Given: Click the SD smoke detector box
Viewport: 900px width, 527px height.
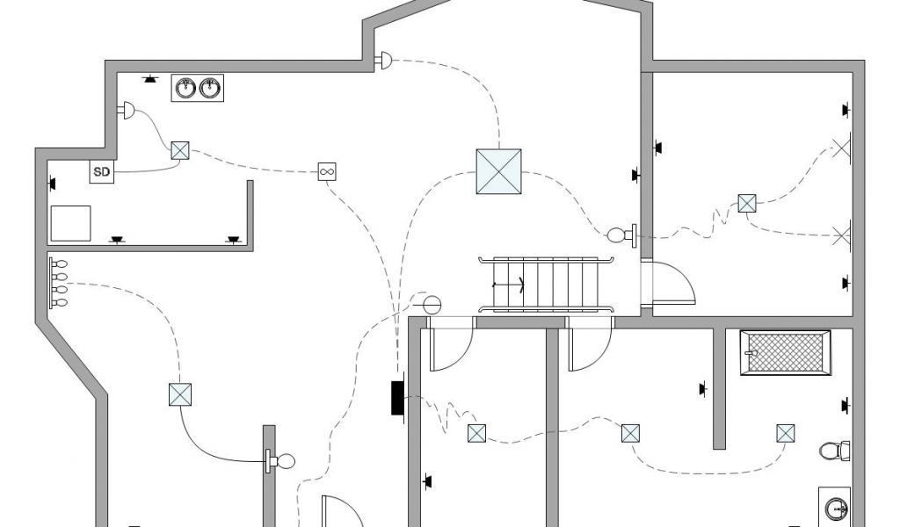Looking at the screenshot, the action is click(x=102, y=171).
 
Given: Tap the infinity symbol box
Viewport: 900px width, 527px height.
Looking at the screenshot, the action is click(x=327, y=171).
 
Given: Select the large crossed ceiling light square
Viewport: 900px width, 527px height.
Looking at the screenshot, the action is click(x=499, y=171).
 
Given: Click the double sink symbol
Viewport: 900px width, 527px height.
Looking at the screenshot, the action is click(x=198, y=89).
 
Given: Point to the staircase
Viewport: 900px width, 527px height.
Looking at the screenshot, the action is click(x=546, y=285).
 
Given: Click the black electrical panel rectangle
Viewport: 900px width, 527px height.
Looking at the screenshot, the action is click(x=397, y=397).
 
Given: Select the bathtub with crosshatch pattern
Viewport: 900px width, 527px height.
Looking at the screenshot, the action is click(x=786, y=353).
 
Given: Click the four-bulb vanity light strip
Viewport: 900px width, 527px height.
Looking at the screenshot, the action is click(x=58, y=283).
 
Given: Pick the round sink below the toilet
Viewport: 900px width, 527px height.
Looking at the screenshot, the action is click(x=836, y=508).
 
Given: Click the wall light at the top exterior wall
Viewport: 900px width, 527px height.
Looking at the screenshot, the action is click(x=384, y=61).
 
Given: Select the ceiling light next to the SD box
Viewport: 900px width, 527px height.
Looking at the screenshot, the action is click(x=180, y=151).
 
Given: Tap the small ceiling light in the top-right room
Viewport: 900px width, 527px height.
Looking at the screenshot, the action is click(x=747, y=204).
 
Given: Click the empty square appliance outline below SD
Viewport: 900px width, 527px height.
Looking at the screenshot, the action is click(x=70, y=224).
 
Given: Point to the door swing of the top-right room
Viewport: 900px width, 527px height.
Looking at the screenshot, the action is click(x=672, y=282).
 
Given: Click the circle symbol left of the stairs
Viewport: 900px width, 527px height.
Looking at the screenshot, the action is click(x=432, y=304).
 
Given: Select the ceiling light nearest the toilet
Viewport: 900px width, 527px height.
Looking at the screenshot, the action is click(x=786, y=434).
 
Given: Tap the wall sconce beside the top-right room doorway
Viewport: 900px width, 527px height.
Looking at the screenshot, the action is click(x=622, y=235).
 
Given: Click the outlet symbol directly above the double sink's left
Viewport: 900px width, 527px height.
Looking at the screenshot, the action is click(x=150, y=79).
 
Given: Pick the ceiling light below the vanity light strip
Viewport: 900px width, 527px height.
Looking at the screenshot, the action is click(x=180, y=395).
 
